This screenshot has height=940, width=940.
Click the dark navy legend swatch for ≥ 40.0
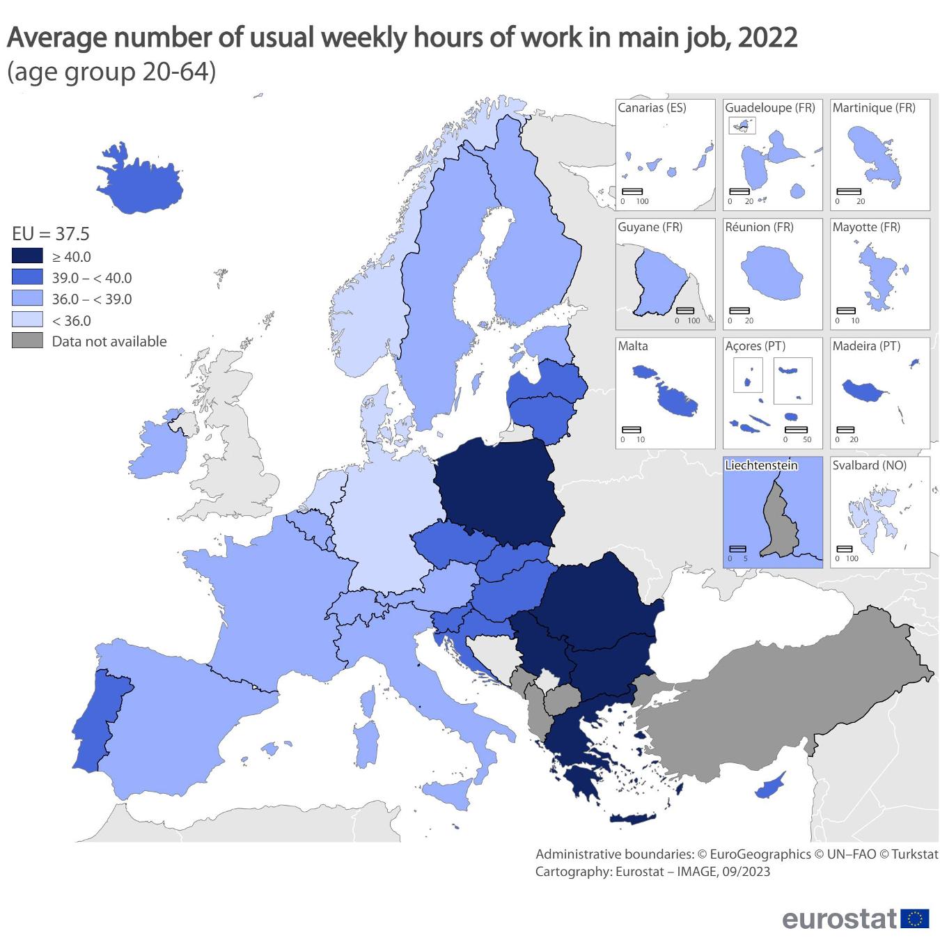pyautogui.click(x=27, y=256)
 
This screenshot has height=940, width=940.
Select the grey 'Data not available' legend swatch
pyautogui.click(x=27, y=341)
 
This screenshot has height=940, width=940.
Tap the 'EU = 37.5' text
pyautogui.click(x=51, y=233)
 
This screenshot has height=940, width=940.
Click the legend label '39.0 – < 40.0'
pyautogui.click(x=91, y=278)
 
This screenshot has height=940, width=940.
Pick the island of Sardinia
pyautogui.click(x=365, y=742)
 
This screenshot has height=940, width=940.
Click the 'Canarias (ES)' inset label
pyautogui.click(x=652, y=108)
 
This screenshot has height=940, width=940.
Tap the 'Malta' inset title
pyautogui.click(x=633, y=346)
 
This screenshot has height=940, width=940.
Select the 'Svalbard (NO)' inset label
pyautogui.click(x=870, y=465)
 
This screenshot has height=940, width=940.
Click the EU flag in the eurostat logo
pyautogui.click(x=914, y=918)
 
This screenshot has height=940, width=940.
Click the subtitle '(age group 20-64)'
pyautogui.click(x=111, y=72)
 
